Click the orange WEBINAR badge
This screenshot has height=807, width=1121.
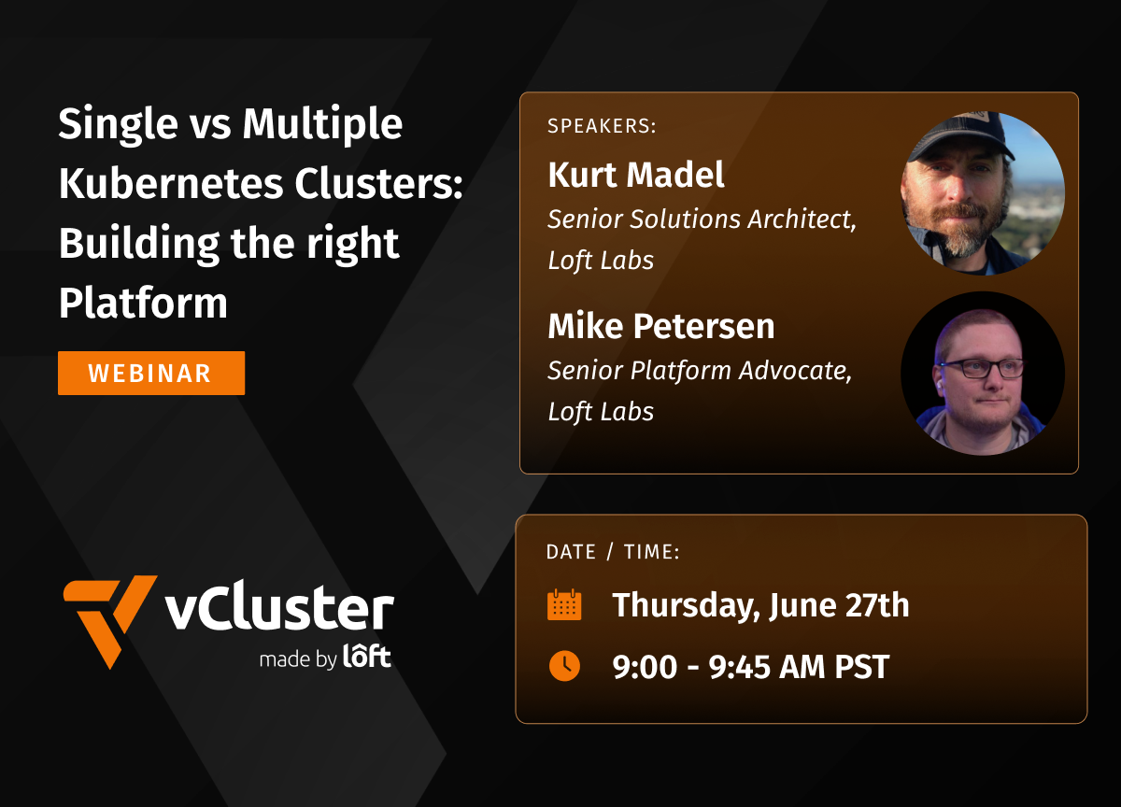[151, 374]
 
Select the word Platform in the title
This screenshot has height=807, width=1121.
[143, 304]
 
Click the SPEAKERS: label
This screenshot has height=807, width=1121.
[602, 126]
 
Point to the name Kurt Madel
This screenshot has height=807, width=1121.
[636, 175]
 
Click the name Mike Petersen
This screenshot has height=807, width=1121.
[661, 326]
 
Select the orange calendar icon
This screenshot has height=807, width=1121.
[564, 605]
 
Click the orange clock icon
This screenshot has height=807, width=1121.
[564, 666]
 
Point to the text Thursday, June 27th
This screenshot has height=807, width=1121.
[760, 605]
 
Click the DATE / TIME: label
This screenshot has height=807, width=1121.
[613, 552]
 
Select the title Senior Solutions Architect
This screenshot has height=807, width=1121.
[702, 220]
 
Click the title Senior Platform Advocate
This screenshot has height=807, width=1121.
[700, 371]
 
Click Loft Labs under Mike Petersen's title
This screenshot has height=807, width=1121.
[601, 411]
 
